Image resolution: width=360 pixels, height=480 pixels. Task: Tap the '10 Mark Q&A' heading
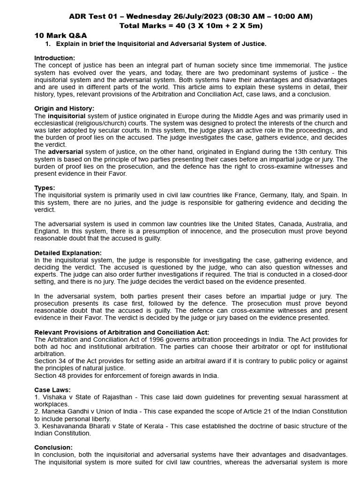(x=60, y=36)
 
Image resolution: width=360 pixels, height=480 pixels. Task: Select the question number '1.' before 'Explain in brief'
(x=47, y=44)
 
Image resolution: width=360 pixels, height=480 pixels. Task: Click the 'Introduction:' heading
(x=54, y=58)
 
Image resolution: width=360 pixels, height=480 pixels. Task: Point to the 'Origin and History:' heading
(x=64, y=108)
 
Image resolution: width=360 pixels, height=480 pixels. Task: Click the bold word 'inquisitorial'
(x=67, y=116)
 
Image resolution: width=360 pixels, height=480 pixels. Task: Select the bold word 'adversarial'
(x=66, y=152)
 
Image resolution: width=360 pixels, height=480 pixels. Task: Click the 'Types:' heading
(x=45, y=187)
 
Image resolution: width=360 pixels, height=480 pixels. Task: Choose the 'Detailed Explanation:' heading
(x=67, y=253)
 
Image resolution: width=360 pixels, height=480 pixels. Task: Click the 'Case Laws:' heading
(x=52, y=390)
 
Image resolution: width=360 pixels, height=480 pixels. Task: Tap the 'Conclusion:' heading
(x=53, y=448)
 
